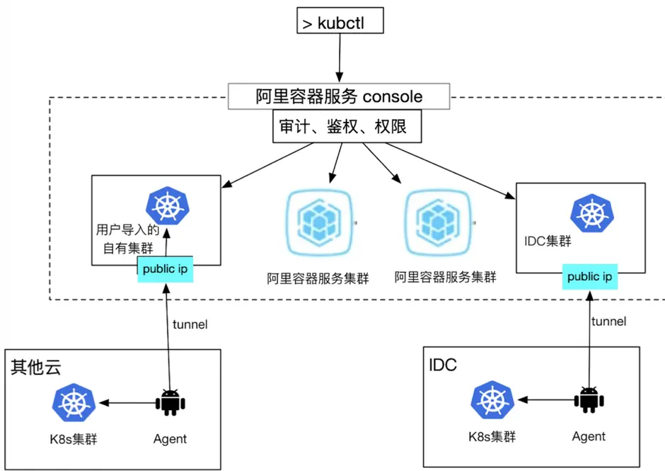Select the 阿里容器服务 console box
click(x=339, y=97)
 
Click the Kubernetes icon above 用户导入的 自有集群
click(x=167, y=206)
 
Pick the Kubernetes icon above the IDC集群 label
click(x=589, y=212)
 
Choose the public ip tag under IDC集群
click(x=590, y=277)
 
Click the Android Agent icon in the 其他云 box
click(x=170, y=402)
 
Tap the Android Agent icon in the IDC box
click(x=589, y=400)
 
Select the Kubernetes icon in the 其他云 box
click(x=73, y=404)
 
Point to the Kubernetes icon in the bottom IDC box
click(x=492, y=400)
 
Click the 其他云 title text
click(x=36, y=367)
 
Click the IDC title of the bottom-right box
click(x=443, y=365)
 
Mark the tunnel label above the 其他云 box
click(x=190, y=324)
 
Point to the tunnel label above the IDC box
click(x=608, y=322)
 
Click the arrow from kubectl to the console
click(x=340, y=58)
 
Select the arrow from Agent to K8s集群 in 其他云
click(x=127, y=403)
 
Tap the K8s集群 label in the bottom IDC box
click(x=492, y=436)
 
